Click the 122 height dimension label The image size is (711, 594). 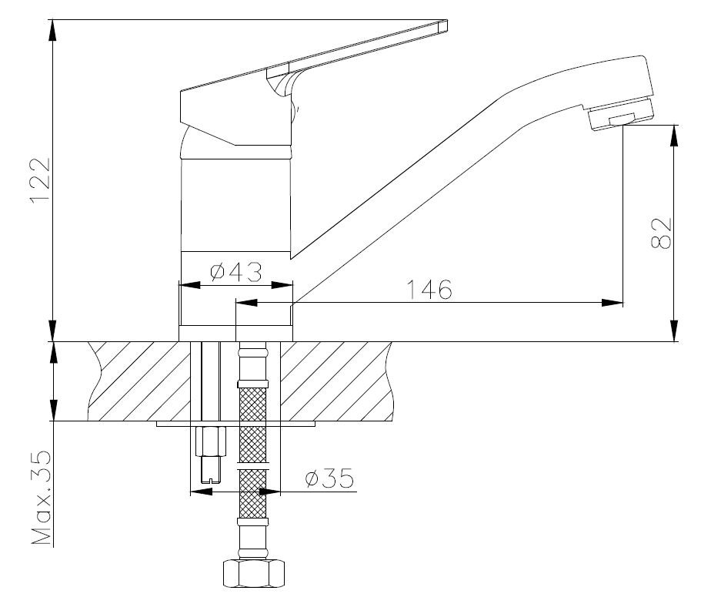pyautogui.click(x=40, y=180)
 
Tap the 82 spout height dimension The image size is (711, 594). pyautogui.click(x=661, y=233)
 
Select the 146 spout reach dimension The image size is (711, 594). pyautogui.click(x=429, y=290)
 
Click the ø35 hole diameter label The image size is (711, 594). pyautogui.click(x=329, y=478)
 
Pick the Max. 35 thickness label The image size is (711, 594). pyautogui.click(x=41, y=498)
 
